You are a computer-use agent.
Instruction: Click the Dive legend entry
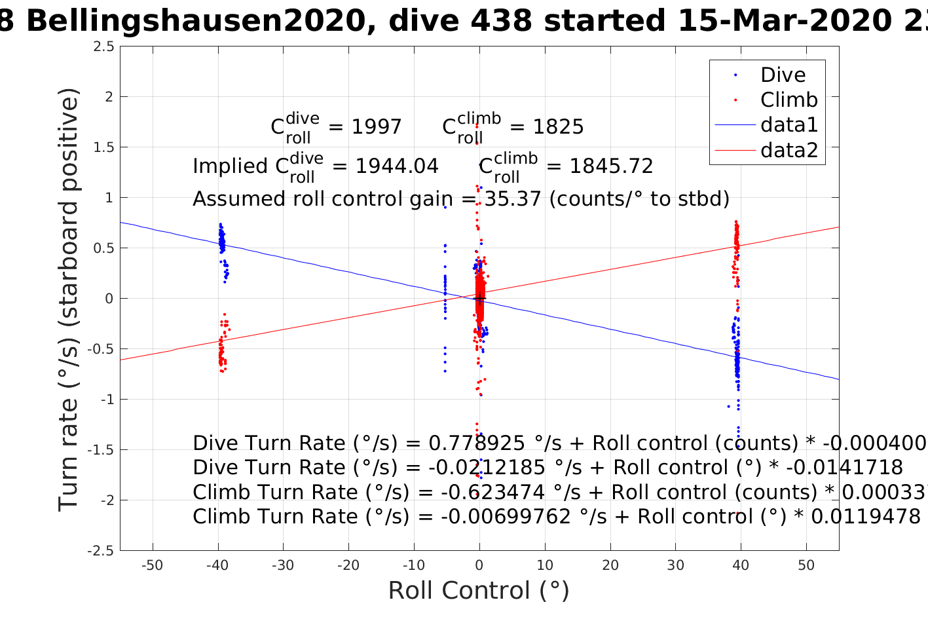point(783,75)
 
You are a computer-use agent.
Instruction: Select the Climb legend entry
point(789,100)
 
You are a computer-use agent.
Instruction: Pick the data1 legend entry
point(789,125)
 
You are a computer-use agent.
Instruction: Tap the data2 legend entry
point(789,151)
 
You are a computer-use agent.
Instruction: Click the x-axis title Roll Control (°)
point(479,591)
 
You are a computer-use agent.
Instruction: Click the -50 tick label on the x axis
point(152,565)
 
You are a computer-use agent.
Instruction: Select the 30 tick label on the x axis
point(675,565)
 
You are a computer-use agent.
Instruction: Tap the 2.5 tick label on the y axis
point(103,47)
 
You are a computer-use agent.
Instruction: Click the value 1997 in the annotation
point(377,127)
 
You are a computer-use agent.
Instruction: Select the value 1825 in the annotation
point(558,127)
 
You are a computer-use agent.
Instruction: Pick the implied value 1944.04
point(397,166)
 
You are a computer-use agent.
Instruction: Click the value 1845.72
point(611,166)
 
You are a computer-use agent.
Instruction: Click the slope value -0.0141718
point(844,468)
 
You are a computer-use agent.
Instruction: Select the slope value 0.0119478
point(866,517)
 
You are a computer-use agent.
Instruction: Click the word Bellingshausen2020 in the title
point(195,22)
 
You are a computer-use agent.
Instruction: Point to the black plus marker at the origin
point(480,299)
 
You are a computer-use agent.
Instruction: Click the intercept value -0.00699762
point(506,517)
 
